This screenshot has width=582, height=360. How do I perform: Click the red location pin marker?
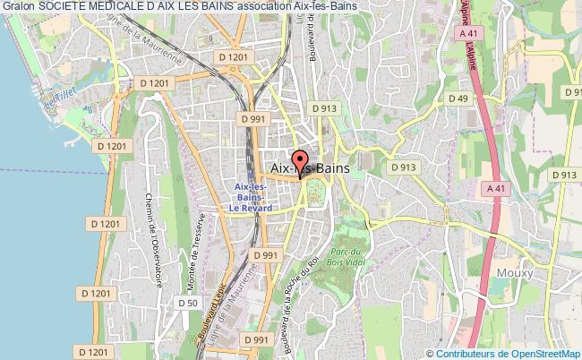click(300, 163)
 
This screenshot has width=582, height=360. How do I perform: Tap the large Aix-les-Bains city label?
click(309, 167)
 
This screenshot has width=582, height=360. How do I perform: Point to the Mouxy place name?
click(515, 272)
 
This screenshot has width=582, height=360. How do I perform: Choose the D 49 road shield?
click(458, 99)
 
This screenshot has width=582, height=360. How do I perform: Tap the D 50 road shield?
click(187, 303)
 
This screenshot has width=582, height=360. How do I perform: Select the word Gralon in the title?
click(19, 8)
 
